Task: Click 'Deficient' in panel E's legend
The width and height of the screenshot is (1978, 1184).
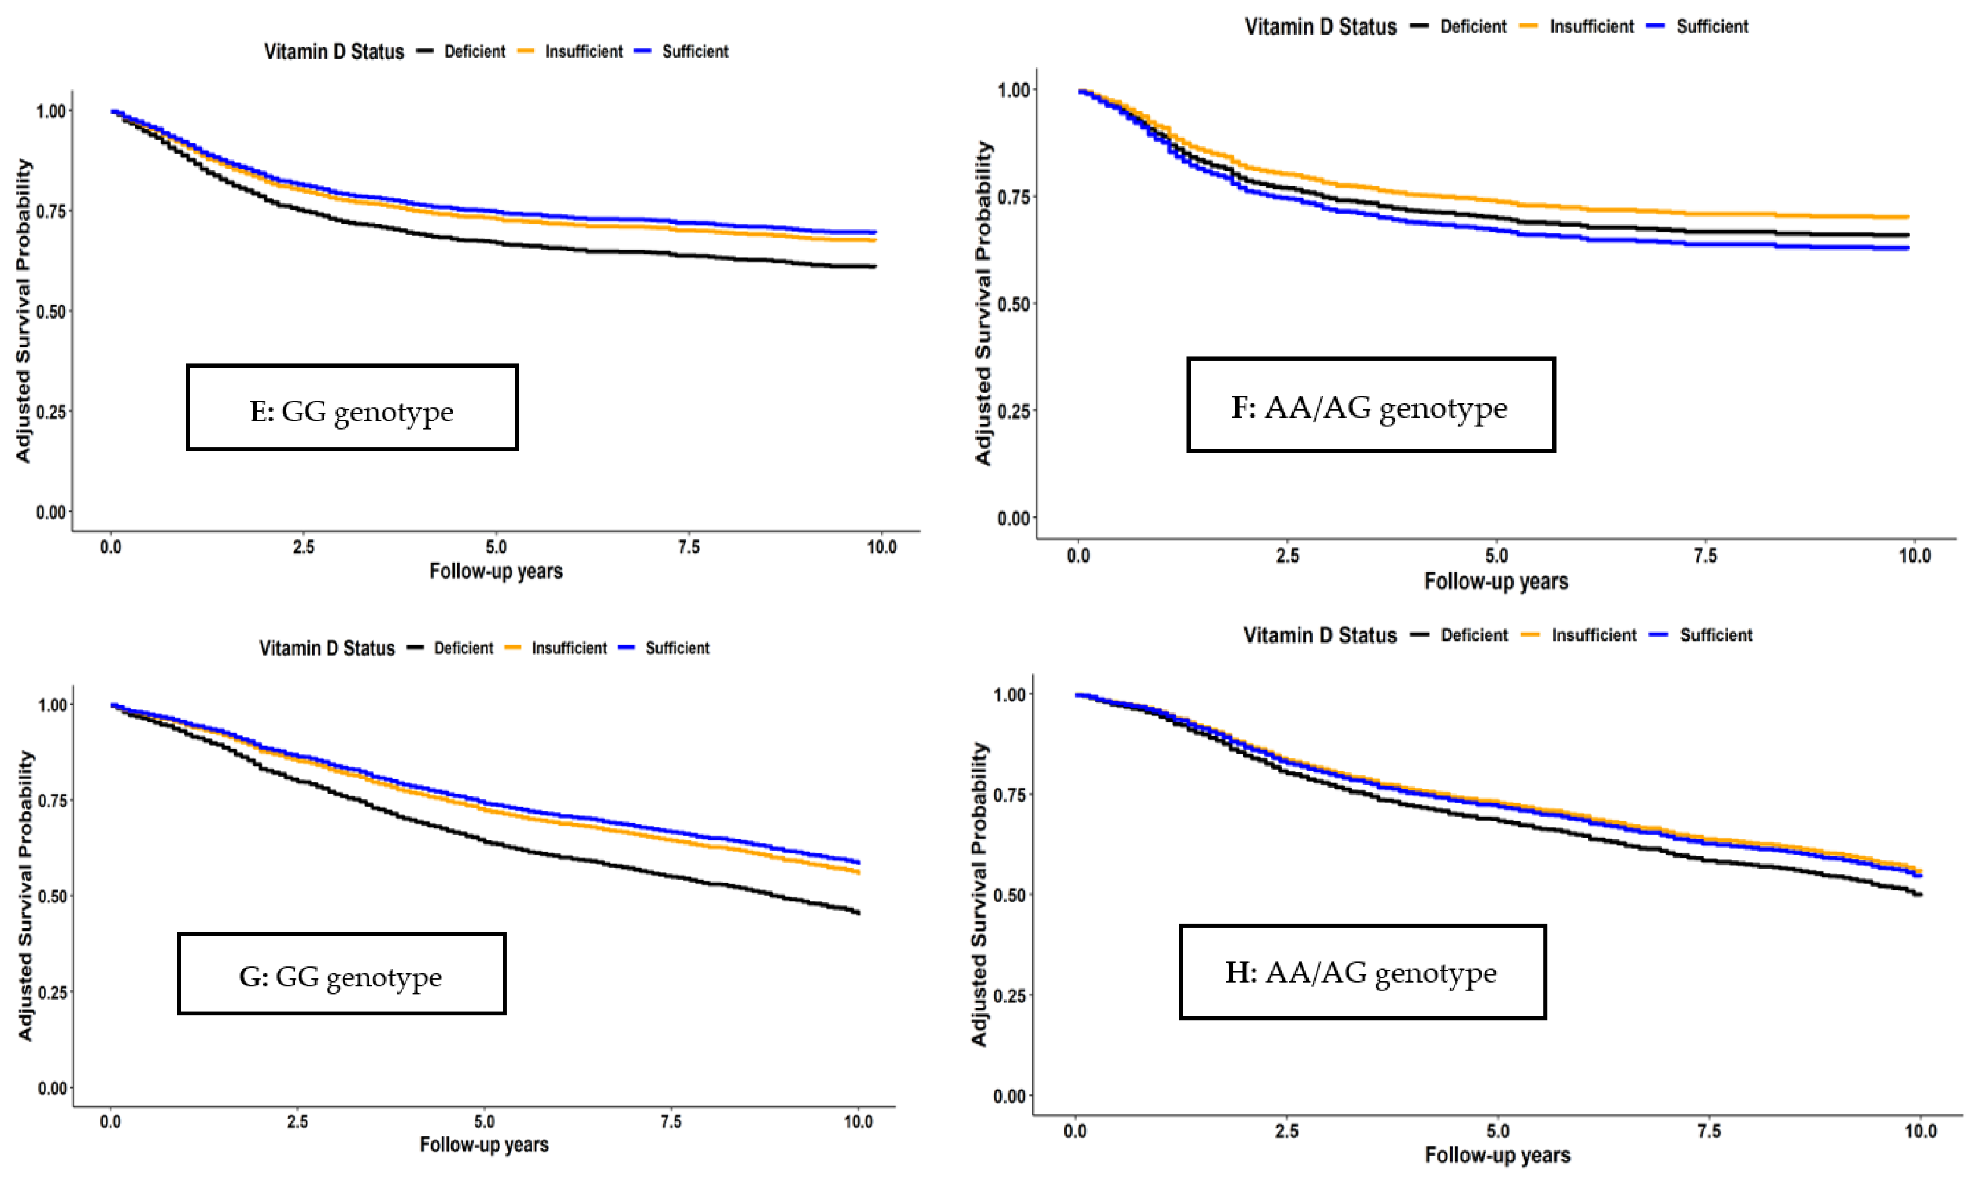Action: point(474,52)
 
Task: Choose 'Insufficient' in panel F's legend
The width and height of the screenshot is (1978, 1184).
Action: point(1591,26)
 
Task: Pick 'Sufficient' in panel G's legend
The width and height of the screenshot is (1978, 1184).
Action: point(677,648)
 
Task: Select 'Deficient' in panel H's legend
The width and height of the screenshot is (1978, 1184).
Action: point(1474,635)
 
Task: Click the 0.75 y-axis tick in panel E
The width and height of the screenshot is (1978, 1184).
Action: point(51,211)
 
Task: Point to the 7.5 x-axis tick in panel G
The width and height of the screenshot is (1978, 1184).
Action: point(671,1122)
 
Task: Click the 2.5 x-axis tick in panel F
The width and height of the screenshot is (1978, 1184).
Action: point(1287,555)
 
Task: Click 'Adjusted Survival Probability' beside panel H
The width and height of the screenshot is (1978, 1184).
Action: point(980,895)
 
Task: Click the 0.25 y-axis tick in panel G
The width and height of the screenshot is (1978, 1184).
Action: point(53,992)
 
